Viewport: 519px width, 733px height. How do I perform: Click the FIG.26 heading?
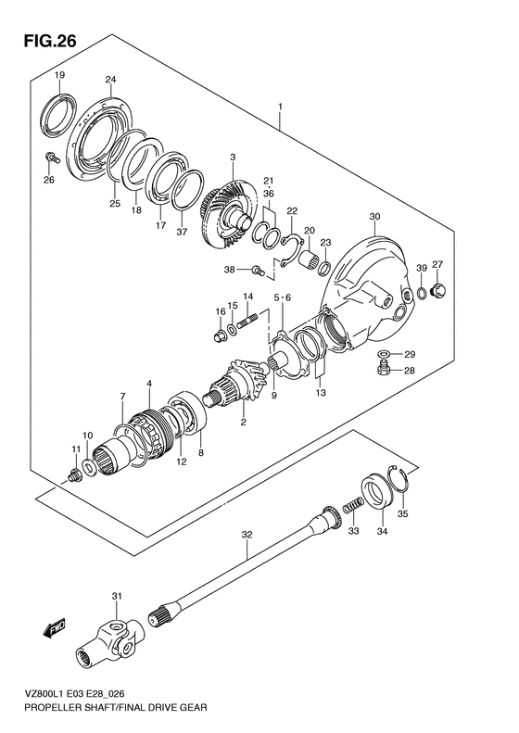click(x=49, y=42)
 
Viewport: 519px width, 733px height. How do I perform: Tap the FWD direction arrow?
click(x=55, y=628)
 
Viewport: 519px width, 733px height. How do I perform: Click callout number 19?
click(x=59, y=75)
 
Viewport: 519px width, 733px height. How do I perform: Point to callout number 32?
click(x=247, y=535)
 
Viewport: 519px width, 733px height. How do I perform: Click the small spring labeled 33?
click(x=354, y=505)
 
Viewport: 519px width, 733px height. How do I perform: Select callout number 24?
click(x=110, y=80)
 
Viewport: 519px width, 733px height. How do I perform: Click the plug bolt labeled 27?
click(x=439, y=290)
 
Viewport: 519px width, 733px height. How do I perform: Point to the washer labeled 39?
click(x=422, y=293)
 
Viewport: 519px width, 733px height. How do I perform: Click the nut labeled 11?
click(x=73, y=475)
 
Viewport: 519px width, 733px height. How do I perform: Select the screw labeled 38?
click(x=257, y=271)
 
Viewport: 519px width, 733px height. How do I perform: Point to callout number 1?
click(x=280, y=107)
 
